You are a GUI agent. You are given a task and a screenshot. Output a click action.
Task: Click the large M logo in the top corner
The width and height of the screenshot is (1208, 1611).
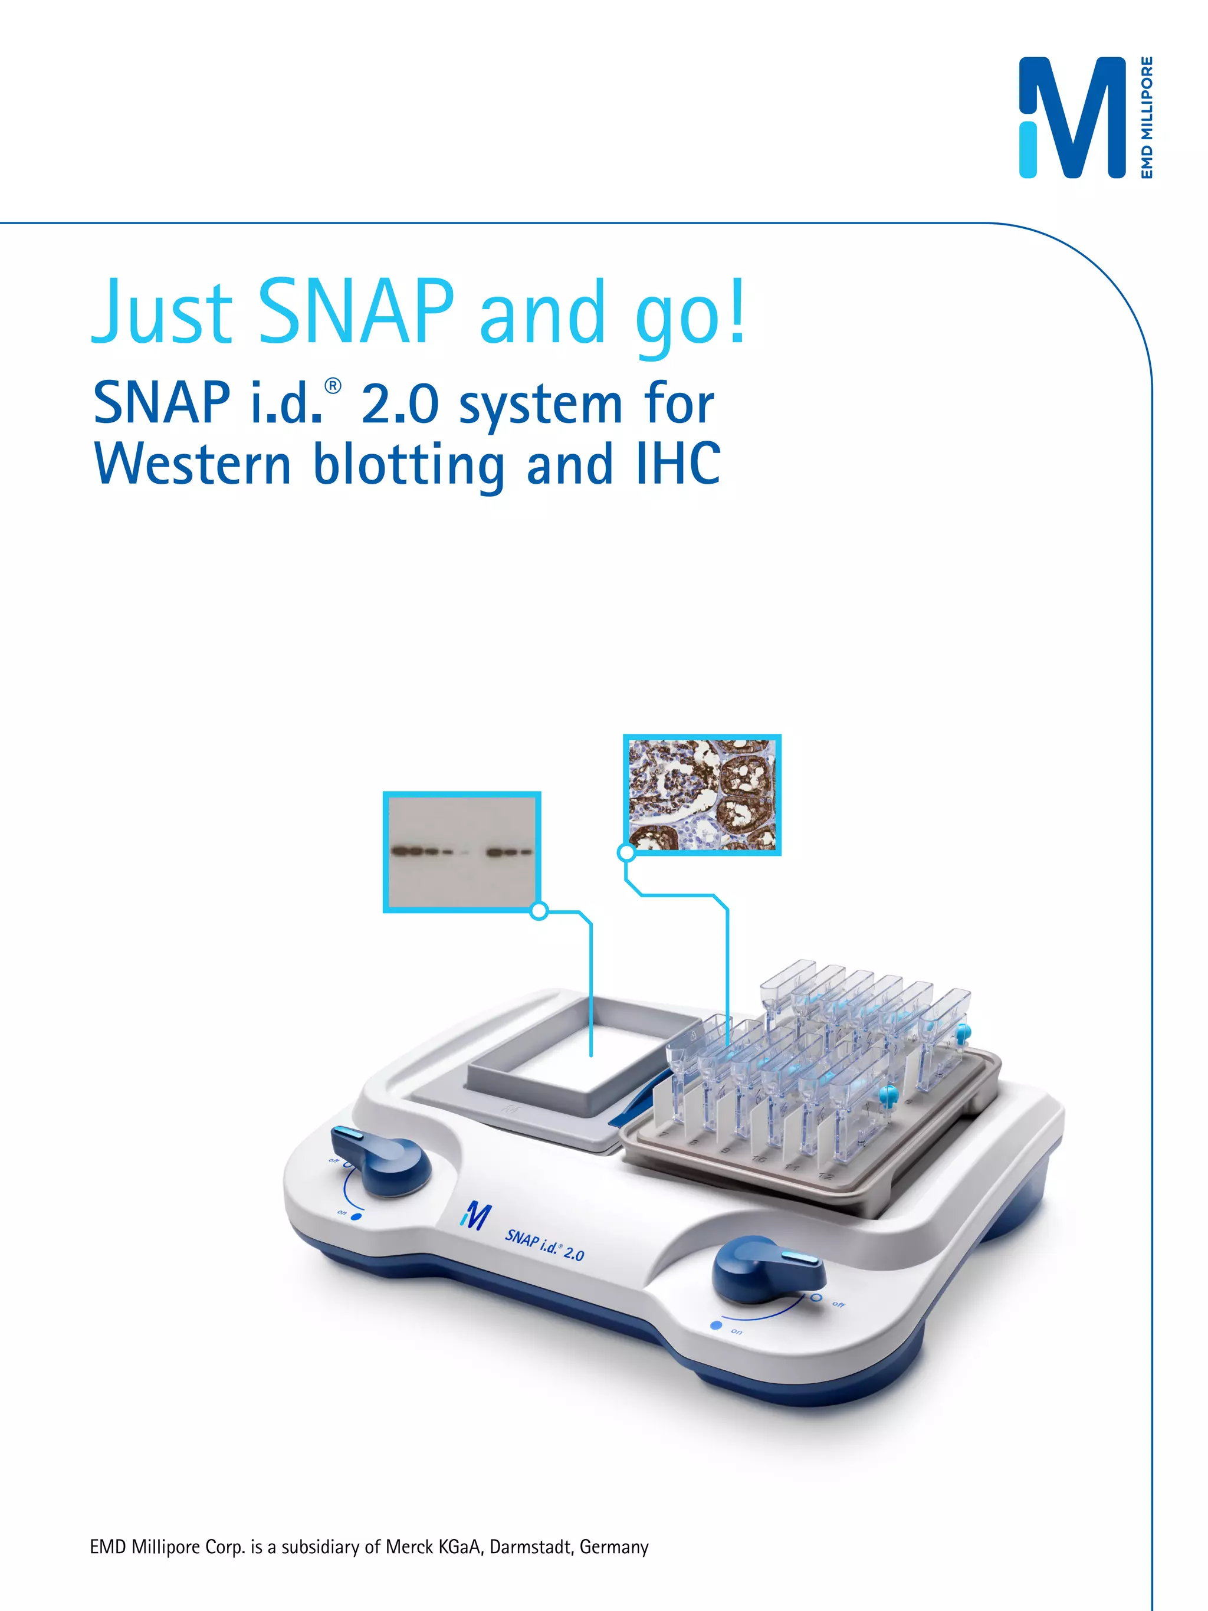[1072, 118]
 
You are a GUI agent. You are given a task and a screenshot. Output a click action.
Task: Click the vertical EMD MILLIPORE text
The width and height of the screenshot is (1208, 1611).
[1146, 117]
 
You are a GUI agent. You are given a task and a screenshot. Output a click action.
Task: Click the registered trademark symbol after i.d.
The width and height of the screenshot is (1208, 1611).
[332, 386]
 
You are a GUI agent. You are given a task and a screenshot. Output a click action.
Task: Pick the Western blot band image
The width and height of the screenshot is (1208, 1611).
[462, 851]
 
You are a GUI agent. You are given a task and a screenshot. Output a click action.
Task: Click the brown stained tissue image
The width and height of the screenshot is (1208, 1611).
[702, 795]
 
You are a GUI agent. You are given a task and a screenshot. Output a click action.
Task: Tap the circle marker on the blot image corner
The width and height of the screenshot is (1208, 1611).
[539, 910]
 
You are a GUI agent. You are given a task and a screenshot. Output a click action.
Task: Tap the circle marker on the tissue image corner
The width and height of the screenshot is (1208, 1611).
[626, 852]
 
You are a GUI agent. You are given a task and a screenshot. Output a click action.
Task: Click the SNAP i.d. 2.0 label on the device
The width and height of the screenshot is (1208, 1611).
[544, 1245]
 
